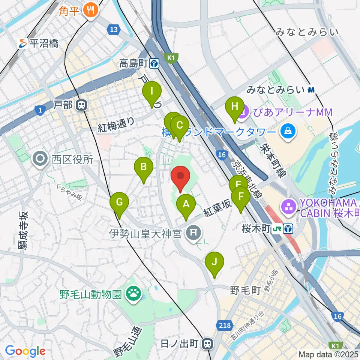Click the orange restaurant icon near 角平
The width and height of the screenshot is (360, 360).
tap(90, 10)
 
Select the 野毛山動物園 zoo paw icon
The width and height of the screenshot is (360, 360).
tap(133, 292)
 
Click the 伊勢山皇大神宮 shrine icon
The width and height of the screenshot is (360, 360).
tap(193, 234)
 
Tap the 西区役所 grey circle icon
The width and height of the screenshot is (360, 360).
tap(40, 159)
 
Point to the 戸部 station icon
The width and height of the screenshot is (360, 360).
tap(80, 105)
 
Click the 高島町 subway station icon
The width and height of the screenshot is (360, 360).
tap(154, 64)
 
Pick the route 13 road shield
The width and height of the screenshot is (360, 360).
tap(114, 28)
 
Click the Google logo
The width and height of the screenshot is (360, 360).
tap(25, 351)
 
